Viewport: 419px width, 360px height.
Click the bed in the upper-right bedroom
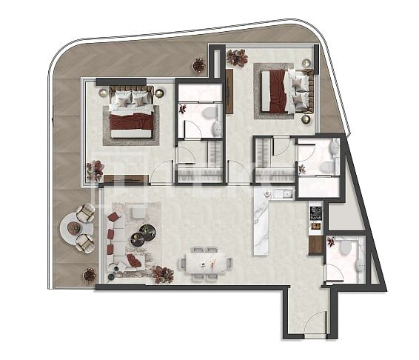coord(284,92)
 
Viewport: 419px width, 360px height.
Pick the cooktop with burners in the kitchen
coord(316,213)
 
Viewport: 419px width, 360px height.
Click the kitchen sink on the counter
coord(281,194)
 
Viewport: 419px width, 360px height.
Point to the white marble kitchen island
coord(263,222)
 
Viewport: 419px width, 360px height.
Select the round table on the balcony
coord(74,228)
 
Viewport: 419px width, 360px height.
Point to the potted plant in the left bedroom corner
coord(94,170)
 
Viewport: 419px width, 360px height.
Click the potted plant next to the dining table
coord(162,274)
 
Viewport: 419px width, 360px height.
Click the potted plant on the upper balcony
coord(198,65)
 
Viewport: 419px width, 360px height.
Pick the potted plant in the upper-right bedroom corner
coord(237,57)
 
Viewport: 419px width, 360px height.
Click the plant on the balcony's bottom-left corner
coord(90,275)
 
